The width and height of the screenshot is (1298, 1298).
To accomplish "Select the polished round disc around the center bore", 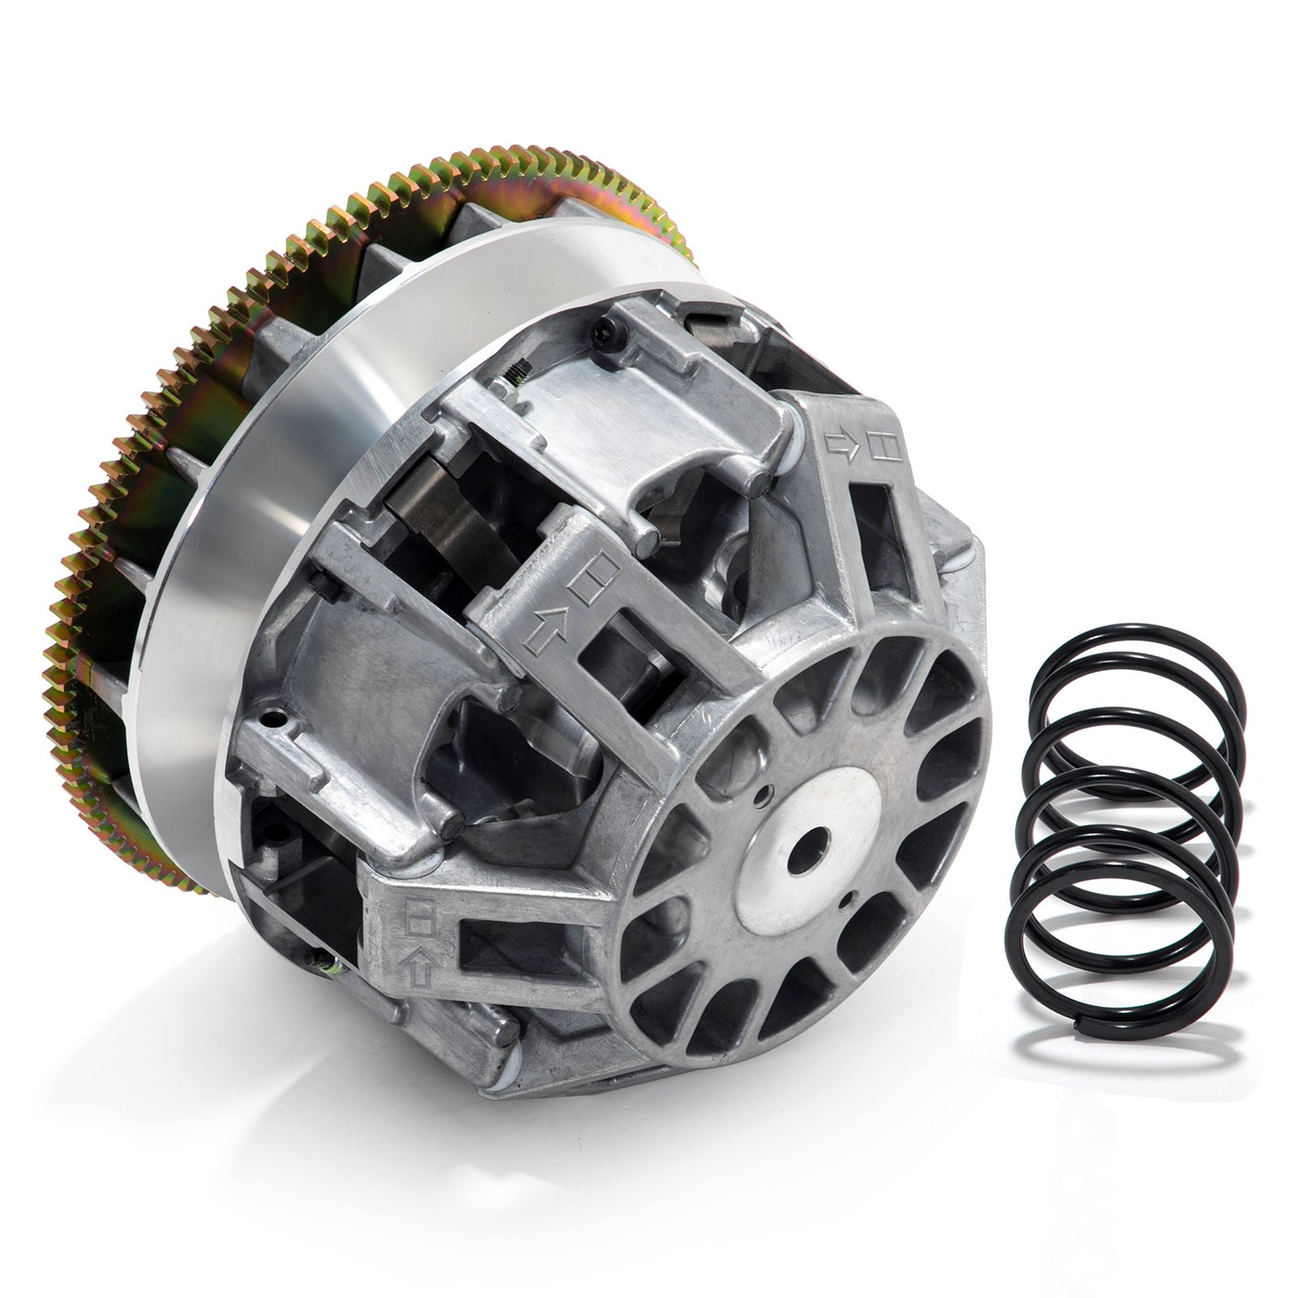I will (x=804, y=853).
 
